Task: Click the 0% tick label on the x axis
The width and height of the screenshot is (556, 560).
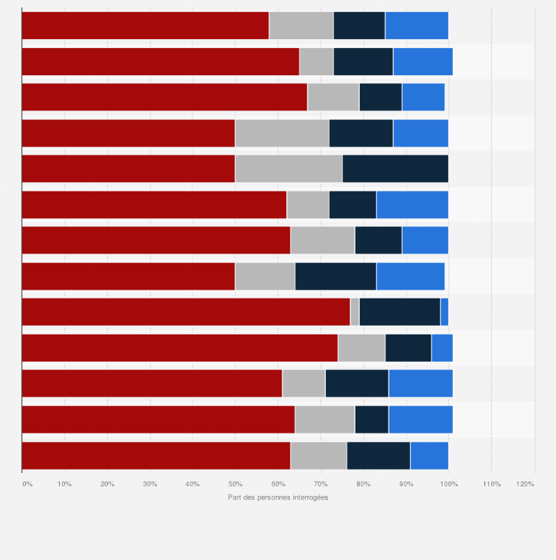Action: point(27,484)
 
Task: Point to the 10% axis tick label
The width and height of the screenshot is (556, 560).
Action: point(65,484)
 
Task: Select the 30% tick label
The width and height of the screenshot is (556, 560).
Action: point(150,484)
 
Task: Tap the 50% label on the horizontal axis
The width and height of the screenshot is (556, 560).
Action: point(235,484)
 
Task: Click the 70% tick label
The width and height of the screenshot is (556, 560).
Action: point(321,484)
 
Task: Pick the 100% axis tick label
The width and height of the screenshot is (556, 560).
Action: point(448,484)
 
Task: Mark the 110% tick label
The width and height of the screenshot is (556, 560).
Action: point(491,484)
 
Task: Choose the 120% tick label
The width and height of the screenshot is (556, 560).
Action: point(526,484)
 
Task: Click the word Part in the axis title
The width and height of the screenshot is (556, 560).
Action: point(235,497)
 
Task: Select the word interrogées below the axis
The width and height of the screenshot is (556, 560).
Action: point(310,497)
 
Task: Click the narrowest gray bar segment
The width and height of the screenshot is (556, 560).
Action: point(355,312)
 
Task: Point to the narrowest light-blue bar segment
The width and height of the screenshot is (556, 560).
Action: point(444,312)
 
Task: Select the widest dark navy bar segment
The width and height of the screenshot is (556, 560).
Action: point(395,169)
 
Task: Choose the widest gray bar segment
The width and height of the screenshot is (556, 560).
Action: point(289,169)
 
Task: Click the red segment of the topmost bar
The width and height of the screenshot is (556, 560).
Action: point(145,26)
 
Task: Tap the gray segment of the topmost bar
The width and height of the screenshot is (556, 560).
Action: point(302,26)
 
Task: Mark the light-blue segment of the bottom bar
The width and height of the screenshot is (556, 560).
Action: point(429,455)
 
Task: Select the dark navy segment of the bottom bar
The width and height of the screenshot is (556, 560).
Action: point(378,455)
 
